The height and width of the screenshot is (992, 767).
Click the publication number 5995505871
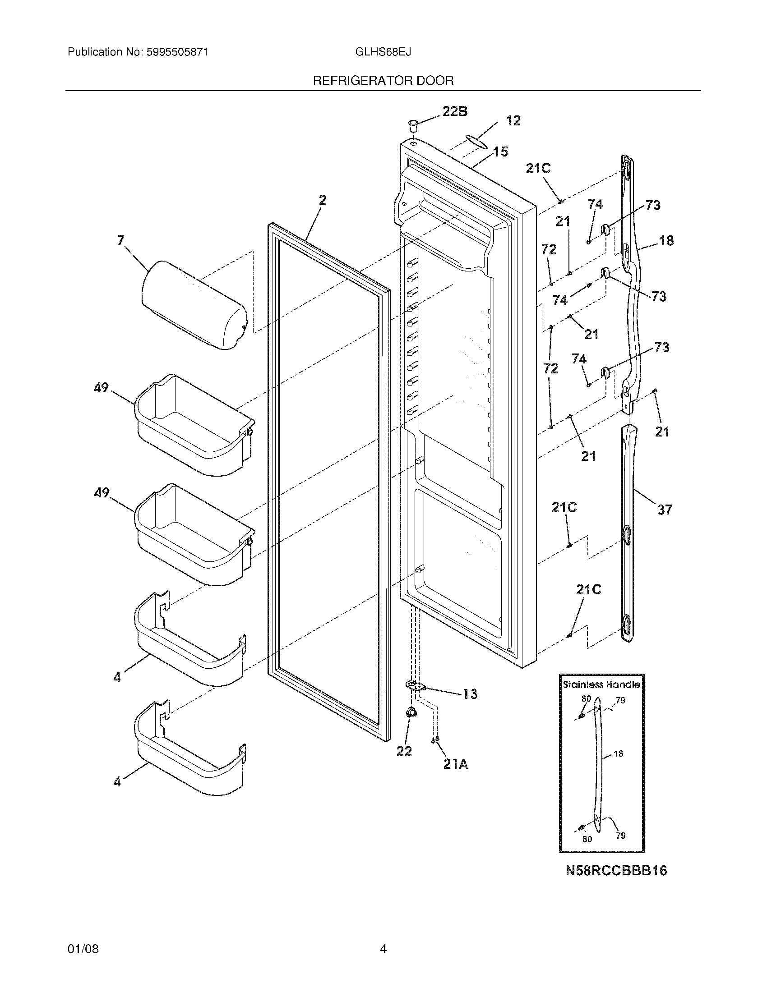[177, 52]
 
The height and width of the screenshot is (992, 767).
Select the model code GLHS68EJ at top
[383, 52]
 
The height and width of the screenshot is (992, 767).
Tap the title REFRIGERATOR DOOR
[383, 81]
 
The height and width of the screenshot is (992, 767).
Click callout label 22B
[454, 111]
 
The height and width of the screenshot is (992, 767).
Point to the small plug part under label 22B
[412, 125]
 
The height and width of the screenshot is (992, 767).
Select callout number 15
[501, 152]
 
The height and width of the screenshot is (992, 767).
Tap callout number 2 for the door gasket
[322, 200]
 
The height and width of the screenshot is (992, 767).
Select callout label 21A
[455, 764]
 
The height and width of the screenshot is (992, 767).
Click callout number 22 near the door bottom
[404, 751]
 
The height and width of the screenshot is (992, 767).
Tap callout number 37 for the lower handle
[664, 510]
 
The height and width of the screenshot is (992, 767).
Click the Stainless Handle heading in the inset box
[601, 684]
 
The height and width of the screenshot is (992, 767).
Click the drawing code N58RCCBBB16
[616, 870]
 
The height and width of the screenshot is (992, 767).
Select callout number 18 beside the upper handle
[666, 240]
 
